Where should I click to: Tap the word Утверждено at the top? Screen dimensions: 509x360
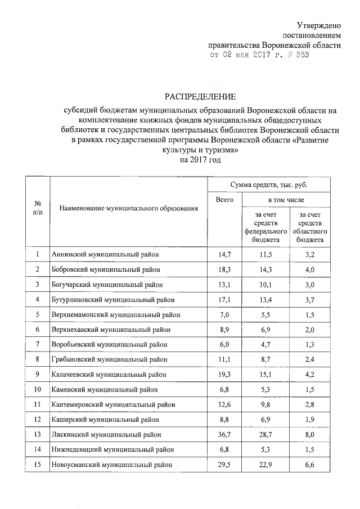[x=318, y=25]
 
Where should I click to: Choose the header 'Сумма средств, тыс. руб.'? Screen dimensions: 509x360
[x=268, y=184]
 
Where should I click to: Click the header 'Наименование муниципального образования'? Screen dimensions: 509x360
[x=129, y=209]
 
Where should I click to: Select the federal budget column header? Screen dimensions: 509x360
[x=265, y=227]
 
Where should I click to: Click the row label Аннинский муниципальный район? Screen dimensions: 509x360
[x=106, y=255]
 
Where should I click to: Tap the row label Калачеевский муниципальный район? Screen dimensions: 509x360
[x=109, y=374]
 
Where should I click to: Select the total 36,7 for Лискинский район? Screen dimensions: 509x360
[x=225, y=435]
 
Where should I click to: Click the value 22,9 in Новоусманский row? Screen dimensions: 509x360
[x=265, y=465]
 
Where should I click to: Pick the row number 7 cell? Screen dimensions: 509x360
[x=37, y=344]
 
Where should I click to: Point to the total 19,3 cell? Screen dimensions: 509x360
[x=225, y=374]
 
